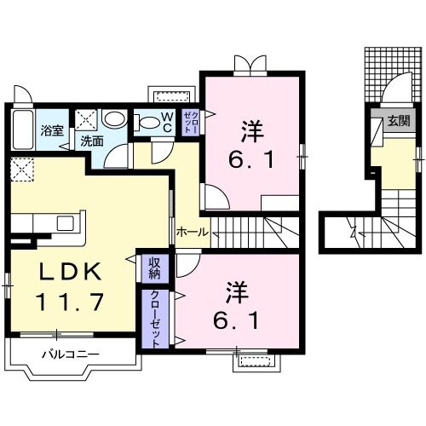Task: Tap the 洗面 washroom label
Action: coord(91,141)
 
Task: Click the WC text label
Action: coord(168,123)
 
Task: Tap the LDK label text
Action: coord(61,273)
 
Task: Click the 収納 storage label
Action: coord(154,268)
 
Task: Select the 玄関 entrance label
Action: coord(399,120)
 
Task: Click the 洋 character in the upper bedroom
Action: coord(251,131)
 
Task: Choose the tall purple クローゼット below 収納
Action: coord(156,318)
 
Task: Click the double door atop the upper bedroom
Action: coord(251,66)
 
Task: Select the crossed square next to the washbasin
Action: coord(85,119)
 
